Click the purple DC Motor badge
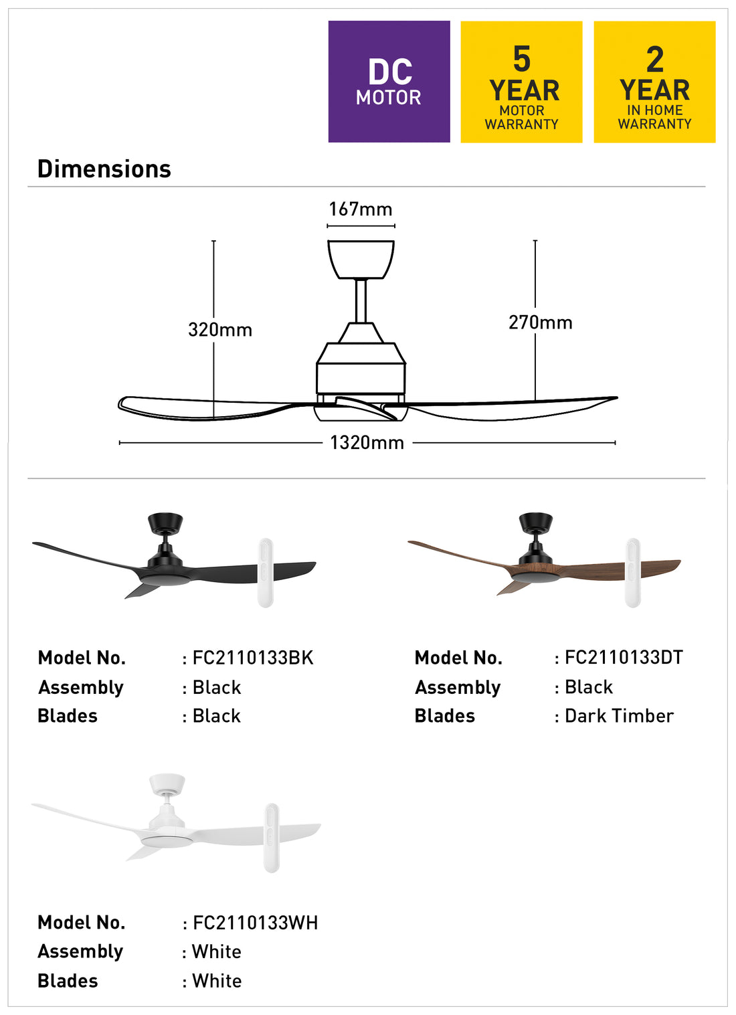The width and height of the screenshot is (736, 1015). coord(389,82)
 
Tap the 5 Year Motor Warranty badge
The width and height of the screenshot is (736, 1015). coord(521,82)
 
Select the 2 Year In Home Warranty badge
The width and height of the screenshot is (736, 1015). coord(654,82)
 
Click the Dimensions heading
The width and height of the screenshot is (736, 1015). coord(104,169)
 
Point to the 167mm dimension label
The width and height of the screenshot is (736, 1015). coord(361,209)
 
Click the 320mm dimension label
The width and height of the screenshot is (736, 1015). coord(220,330)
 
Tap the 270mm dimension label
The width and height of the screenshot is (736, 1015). coord(540,322)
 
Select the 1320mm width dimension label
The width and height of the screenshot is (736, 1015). coord(367,443)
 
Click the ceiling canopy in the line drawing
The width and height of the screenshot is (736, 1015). coord(361,259)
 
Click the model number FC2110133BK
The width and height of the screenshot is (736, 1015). coord(253,658)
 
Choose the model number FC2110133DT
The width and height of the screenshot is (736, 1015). coord(624,658)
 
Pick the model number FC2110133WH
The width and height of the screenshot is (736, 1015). coord(255,923)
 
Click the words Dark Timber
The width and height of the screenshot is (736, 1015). coord(619,716)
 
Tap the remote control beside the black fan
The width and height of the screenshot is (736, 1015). coord(266,572)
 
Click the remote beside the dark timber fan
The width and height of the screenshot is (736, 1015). coord(632,572)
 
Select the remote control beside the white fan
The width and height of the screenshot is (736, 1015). coord(271,837)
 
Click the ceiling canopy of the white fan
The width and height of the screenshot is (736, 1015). coord(167,783)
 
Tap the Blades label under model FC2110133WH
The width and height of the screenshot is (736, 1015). coord(68,981)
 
